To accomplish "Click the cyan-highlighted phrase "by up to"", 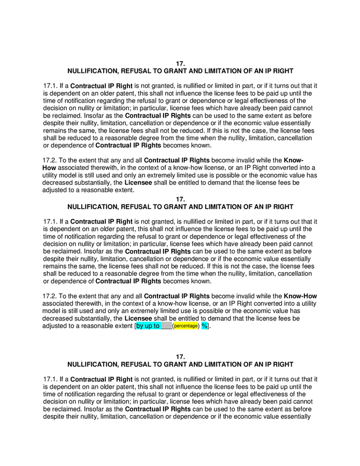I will (148, 326).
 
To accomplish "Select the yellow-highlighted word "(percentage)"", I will (186, 326).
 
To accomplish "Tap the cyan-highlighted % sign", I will (204, 326).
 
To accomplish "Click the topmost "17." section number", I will (180, 63).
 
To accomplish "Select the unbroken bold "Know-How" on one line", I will (300, 296).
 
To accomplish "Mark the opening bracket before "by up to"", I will (135, 326).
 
